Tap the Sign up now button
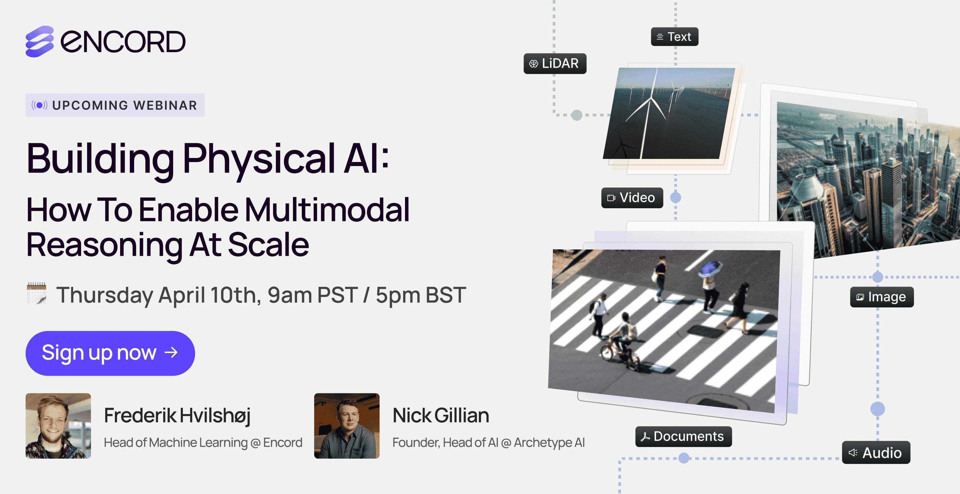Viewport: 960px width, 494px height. [x=110, y=353]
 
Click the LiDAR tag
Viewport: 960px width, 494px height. [x=555, y=63]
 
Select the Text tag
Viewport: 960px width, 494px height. [x=674, y=37]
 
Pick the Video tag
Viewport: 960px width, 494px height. [x=632, y=198]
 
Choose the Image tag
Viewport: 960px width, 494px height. [x=881, y=297]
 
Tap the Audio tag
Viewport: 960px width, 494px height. [x=876, y=453]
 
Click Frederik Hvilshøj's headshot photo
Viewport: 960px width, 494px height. [x=58, y=426]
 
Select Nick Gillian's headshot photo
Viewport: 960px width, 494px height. [x=347, y=426]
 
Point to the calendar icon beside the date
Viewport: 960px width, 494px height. [x=37, y=293]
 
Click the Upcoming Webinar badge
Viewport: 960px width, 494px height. [x=115, y=105]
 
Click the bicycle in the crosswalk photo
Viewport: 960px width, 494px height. [x=619, y=355]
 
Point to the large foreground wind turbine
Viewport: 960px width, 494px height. [x=649, y=112]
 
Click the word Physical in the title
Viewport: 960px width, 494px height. [x=259, y=159]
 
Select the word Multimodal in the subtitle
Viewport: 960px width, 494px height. [x=327, y=210]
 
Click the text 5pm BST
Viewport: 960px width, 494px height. [x=420, y=295]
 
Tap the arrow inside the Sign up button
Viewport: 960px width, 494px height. [x=171, y=352]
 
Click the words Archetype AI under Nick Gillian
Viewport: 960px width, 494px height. [x=549, y=442]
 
